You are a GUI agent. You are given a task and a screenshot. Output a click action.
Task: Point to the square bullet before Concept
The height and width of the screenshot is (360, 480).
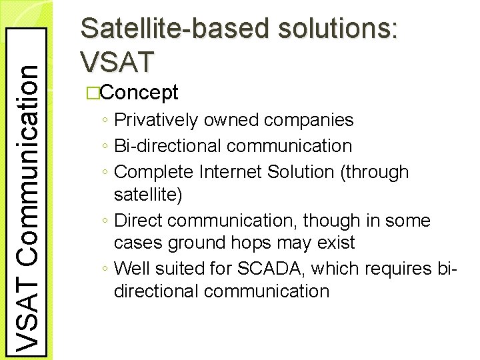(x=92, y=93)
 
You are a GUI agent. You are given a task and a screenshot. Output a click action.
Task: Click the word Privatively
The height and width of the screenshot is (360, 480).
(x=157, y=121)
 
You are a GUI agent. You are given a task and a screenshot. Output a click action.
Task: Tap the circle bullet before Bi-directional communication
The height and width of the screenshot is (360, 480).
(x=107, y=146)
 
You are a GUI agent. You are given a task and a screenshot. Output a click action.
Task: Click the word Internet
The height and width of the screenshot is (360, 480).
(x=233, y=171)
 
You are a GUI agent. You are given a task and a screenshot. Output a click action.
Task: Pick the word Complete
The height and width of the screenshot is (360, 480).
(x=155, y=171)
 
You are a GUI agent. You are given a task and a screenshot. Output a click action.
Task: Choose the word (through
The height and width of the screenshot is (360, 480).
(x=373, y=171)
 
